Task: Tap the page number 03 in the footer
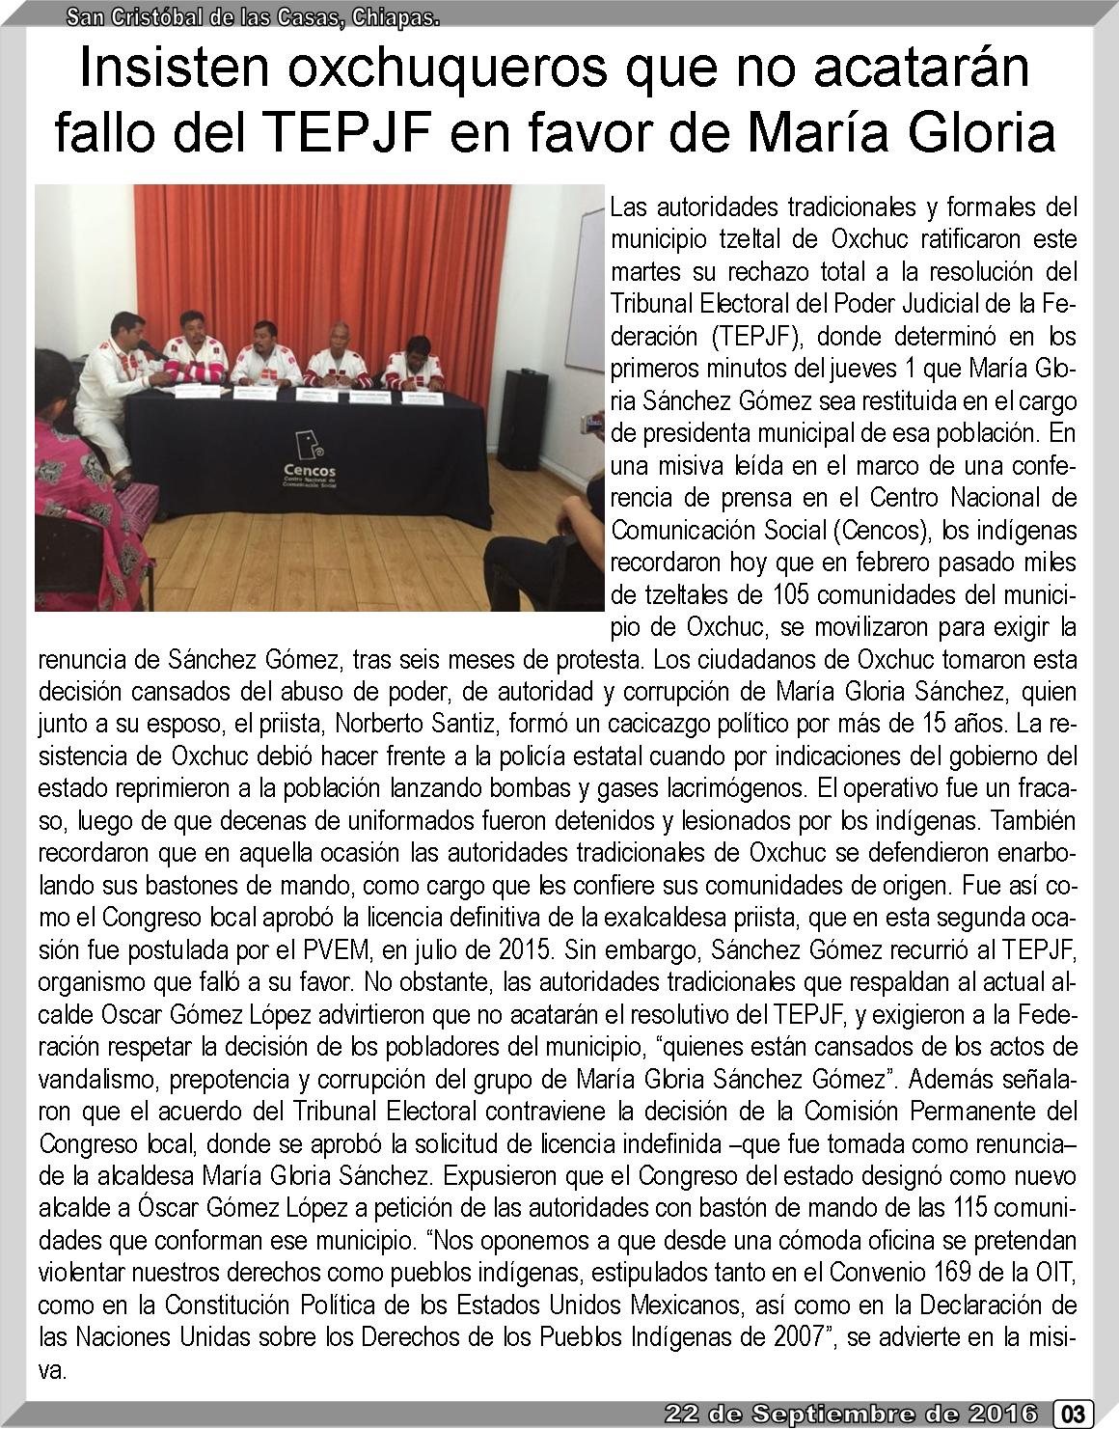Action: point(1073,1415)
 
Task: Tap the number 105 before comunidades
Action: point(790,594)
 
